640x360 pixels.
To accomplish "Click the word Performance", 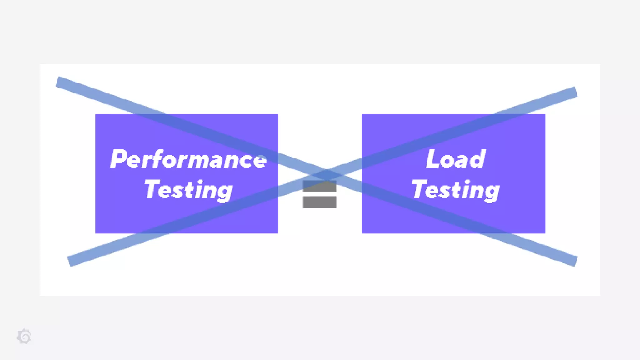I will pos(188,159).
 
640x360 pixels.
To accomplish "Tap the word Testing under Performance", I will pos(188,190).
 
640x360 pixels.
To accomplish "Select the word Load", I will pos(456,159).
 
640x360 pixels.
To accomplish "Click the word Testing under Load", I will pos(456,190).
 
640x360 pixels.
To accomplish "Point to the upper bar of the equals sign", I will pos(319,187).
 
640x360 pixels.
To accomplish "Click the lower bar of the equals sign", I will pos(319,202).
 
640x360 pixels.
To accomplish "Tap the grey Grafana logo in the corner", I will pos(24,337).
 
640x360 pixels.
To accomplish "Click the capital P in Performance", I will pos(118,159).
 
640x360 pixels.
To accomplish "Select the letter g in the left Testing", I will pos(224,191).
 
